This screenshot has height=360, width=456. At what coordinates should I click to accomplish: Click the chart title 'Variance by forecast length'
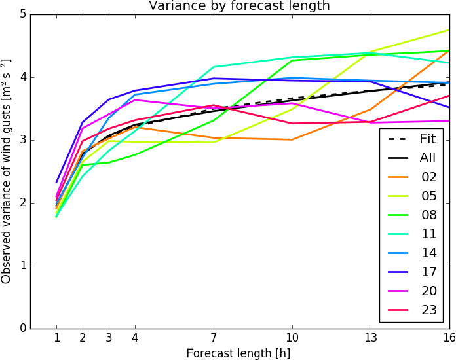239,6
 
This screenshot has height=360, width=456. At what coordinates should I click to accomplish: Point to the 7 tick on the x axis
214,338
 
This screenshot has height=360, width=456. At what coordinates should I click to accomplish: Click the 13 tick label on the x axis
371,338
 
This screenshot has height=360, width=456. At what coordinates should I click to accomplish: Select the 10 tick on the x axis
292,338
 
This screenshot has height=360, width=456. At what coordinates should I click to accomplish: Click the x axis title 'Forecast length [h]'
238,353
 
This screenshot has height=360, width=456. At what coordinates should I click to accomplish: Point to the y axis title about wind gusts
7,171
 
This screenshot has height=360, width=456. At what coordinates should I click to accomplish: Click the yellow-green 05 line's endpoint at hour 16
449,30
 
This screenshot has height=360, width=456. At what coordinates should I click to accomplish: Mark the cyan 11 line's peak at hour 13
371,53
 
